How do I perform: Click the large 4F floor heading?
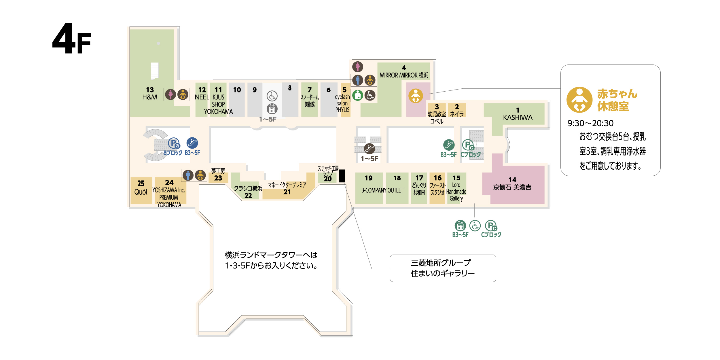(x=71, y=39)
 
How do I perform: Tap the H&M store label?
(x=150, y=97)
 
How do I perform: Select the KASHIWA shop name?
(x=518, y=117)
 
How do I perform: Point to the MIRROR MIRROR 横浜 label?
(x=403, y=75)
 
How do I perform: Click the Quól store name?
(x=141, y=192)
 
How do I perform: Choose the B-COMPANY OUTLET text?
(x=382, y=190)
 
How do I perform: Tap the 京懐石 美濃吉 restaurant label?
(x=512, y=187)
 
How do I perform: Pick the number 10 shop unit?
(x=237, y=99)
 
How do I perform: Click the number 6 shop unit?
(x=329, y=99)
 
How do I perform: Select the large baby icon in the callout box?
(x=579, y=100)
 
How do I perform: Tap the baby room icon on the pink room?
(x=416, y=96)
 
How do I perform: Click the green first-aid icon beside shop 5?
(x=357, y=95)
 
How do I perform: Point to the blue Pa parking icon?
(x=174, y=143)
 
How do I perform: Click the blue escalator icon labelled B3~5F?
(x=192, y=143)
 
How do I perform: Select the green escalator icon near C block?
(x=449, y=145)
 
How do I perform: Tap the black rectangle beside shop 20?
(x=342, y=176)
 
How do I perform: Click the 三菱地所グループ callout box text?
(x=442, y=268)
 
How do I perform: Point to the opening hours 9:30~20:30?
(x=590, y=123)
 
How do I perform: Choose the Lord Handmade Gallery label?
(x=456, y=192)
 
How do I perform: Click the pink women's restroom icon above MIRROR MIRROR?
(x=358, y=67)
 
